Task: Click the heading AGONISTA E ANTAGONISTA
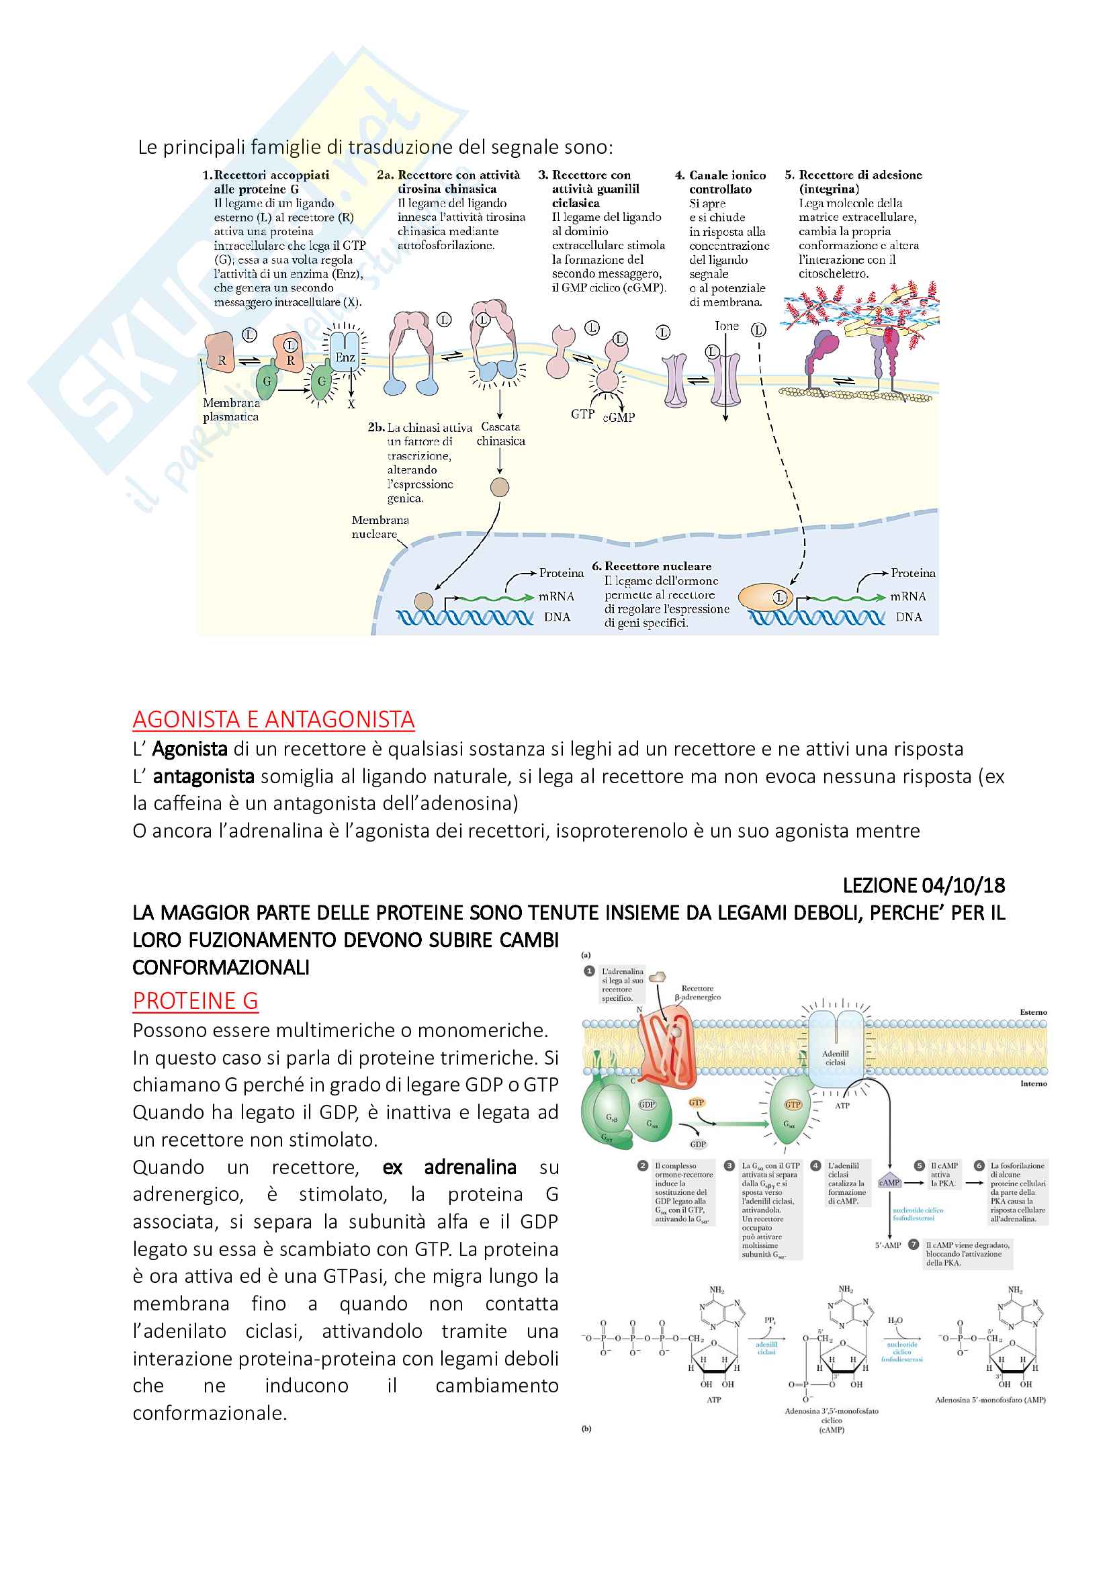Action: [x=273, y=719]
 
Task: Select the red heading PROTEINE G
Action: [x=195, y=1000]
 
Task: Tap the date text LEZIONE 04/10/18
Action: [x=924, y=885]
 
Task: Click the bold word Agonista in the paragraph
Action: [x=189, y=750]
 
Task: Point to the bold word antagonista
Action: [x=203, y=776]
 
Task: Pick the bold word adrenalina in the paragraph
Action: [x=470, y=1167]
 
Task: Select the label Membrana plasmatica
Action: [x=231, y=410]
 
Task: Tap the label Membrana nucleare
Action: [x=380, y=527]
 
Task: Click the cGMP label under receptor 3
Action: [x=619, y=416]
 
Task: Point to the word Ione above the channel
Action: [x=727, y=326]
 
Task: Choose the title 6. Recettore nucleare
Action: [x=652, y=566]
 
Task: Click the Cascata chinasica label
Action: [x=501, y=434]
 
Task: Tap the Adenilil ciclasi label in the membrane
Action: [x=836, y=1058]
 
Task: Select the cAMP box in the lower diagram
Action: [x=889, y=1182]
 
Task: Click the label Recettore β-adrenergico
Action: [x=698, y=992]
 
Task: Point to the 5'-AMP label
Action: [x=888, y=1245]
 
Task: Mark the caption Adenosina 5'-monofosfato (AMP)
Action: [x=990, y=1399]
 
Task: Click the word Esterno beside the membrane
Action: [x=1033, y=1012]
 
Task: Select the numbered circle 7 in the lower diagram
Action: [x=914, y=1245]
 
